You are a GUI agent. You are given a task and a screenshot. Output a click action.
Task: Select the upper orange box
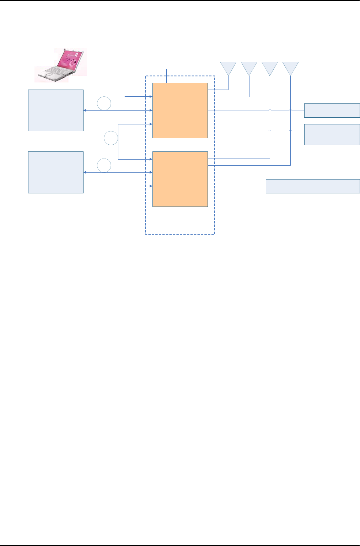[180, 110]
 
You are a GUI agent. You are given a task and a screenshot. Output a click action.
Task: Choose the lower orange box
[180, 179]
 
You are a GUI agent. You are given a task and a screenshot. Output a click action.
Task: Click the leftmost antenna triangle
[228, 67]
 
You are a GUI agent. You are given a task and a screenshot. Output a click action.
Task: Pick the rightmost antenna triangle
[290, 67]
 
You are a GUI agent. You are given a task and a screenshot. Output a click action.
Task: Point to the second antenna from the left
[249, 67]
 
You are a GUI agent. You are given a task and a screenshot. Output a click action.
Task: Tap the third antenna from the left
[270, 67]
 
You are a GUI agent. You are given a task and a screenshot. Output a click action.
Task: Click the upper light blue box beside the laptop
[56, 110]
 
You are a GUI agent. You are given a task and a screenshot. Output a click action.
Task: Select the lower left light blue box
[56, 172]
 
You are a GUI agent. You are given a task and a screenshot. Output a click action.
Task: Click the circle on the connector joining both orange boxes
[111, 138]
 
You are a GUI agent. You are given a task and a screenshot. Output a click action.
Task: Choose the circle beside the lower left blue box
[104, 165]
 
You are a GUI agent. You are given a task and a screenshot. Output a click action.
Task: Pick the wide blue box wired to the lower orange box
[313, 186]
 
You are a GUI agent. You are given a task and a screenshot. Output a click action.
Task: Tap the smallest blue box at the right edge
[332, 110]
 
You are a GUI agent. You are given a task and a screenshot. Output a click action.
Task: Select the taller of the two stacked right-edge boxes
[332, 134]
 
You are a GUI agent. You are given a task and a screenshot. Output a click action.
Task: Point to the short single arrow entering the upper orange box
[139, 96]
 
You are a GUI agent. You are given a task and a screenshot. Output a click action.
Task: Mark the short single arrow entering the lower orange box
[139, 186]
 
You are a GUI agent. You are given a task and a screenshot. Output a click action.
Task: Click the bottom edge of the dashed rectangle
[180, 234]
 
